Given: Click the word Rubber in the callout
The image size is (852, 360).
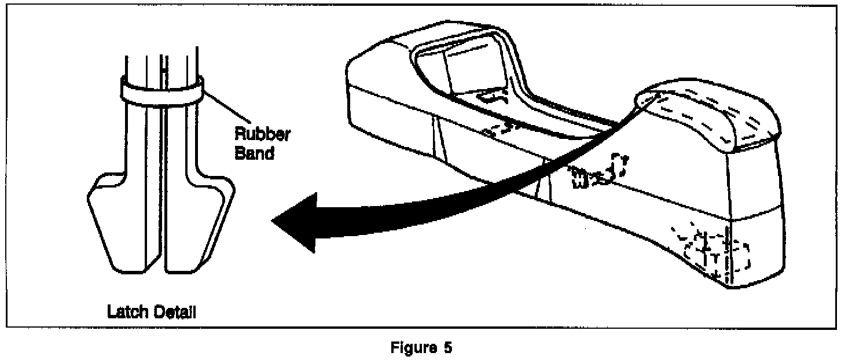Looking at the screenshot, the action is point(262,134).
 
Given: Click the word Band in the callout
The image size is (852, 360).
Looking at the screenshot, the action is point(254,154).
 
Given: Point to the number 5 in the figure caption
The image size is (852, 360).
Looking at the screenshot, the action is point(447,348).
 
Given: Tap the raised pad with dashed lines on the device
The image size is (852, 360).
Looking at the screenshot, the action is point(712,119).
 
